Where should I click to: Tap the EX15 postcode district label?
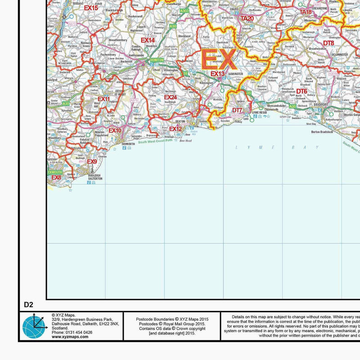pos(91,8)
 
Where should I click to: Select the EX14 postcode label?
pos(148,40)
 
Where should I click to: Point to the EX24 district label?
pos(170,97)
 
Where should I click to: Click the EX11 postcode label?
pos(103,99)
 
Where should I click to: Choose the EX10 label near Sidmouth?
pos(115,130)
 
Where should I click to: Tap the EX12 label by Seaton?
pos(175,129)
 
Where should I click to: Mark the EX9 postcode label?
pos(92,162)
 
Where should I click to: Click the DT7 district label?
pos(237,110)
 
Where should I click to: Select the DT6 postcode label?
pos(301,91)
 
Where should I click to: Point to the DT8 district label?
pos(328,43)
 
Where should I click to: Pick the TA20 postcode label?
pos(247,18)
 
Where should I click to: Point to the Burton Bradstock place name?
pos(322,132)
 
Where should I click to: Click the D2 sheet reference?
pos(29,305)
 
